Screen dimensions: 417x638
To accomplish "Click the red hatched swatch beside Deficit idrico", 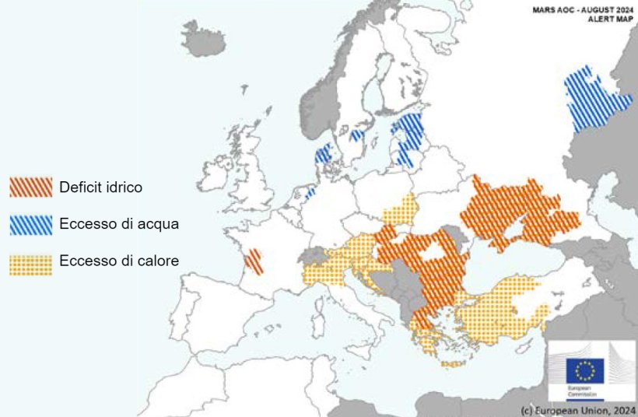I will pos(30,187).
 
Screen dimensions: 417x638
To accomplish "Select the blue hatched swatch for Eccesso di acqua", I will pos(30,225).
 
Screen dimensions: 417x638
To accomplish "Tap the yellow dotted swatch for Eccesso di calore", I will pos(30,262).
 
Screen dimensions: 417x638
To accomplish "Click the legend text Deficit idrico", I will pos(101,187).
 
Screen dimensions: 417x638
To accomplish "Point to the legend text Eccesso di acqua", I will pos(119,225).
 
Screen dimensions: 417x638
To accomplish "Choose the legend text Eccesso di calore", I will pos(119,261).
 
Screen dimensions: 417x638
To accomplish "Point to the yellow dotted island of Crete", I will pos(452,363).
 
